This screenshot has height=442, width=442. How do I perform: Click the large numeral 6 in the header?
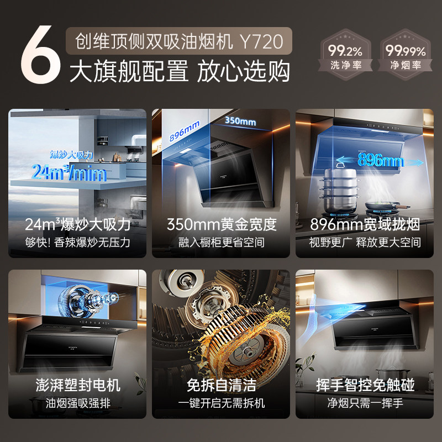point(41,55)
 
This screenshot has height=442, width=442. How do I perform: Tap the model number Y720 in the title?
point(261,41)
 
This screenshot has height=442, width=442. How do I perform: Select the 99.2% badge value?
point(345,51)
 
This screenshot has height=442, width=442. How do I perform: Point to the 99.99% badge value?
point(406,51)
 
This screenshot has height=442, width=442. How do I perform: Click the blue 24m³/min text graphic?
point(69,172)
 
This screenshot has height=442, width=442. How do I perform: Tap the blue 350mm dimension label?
point(240,121)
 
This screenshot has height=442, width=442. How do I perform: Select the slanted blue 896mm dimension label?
point(185,131)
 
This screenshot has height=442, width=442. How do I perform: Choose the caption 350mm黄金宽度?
point(222,224)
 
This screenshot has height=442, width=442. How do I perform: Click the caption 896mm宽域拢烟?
point(365,224)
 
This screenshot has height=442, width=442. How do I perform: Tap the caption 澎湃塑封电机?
point(78,385)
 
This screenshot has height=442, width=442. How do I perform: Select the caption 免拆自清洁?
point(222,385)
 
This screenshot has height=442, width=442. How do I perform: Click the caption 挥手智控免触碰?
point(365,385)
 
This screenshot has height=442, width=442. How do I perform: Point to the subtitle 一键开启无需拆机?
point(222,403)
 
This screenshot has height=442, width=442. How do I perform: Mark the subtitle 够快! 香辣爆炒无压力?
point(78,243)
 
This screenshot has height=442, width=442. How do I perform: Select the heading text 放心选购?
point(243,71)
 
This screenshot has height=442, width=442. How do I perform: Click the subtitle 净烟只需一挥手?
point(365,403)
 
